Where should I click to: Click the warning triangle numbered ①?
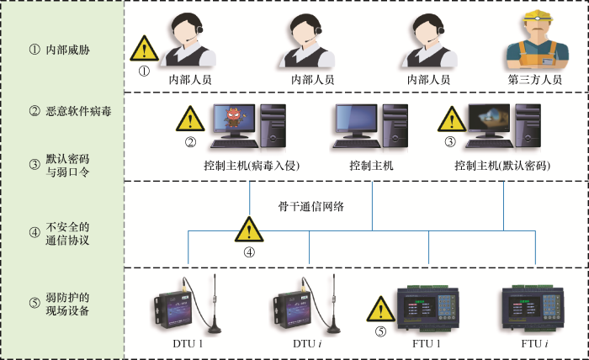(x=144, y=50)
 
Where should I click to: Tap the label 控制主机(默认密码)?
(x=503, y=165)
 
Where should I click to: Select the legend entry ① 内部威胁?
(x=59, y=50)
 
